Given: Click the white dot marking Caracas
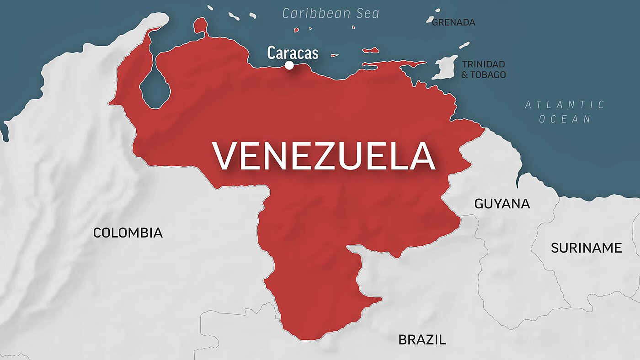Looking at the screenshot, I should [x=289, y=65].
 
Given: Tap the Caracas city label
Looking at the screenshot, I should [x=293, y=53].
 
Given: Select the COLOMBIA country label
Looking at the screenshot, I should [x=128, y=233].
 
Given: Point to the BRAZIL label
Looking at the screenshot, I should [x=422, y=340].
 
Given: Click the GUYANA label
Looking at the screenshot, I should [x=502, y=204].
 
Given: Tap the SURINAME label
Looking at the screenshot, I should [x=586, y=248].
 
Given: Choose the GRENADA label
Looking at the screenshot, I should [x=453, y=22].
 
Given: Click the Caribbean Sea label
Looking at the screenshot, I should [x=331, y=14].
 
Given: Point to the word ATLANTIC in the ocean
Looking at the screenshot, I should [x=565, y=105].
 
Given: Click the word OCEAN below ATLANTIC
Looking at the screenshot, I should [x=565, y=119].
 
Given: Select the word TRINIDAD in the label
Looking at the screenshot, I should [x=483, y=64].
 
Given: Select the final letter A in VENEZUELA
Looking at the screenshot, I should [x=422, y=157].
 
